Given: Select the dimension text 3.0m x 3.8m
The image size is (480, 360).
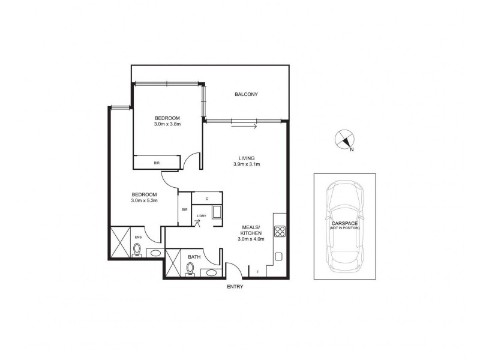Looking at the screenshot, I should click(167, 125).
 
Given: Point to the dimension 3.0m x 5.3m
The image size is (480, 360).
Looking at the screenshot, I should click(144, 200).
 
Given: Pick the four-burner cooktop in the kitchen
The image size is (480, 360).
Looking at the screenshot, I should click(280, 230).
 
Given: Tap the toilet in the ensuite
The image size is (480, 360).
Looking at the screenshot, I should click(137, 250).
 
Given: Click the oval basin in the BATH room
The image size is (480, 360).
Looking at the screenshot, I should click(211, 273).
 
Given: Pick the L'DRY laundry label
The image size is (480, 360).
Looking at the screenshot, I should click(201, 217).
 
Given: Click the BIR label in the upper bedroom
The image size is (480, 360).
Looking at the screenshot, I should click(157, 162).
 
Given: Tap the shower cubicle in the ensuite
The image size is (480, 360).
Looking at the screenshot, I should click(119, 242).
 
